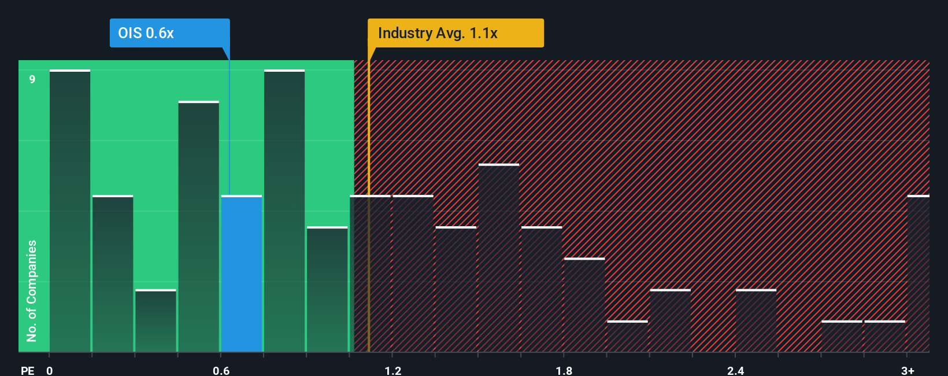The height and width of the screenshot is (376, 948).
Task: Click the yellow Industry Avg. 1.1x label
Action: pyautogui.click(x=455, y=33)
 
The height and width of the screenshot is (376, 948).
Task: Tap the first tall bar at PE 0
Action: pyautogui.click(x=70, y=211)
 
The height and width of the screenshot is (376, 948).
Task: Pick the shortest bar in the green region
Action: pyautogui.click(x=155, y=320)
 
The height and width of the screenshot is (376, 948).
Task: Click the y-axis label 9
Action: pyautogui.click(x=32, y=79)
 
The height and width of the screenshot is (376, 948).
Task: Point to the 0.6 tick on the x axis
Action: pyautogui.click(x=221, y=370)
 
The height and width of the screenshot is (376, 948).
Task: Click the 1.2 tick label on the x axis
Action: pyautogui.click(x=392, y=370)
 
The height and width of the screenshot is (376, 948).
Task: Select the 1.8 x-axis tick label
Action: pyautogui.click(x=564, y=370)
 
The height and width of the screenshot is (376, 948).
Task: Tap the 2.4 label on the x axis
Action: pyautogui.click(x=735, y=370)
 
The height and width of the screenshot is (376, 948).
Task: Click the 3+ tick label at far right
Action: pyautogui.click(x=908, y=370)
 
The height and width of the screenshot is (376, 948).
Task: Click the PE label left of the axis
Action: pyautogui.click(x=27, y=370)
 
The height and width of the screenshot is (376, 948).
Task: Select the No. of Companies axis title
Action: pyautogui.click(x=32, y=290)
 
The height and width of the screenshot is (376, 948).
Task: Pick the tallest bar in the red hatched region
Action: pyautogui.click(x=499, y=258)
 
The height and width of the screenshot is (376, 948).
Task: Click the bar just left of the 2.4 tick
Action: pyautogui.click(x=756, y=320)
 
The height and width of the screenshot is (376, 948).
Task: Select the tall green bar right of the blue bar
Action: pyautogui.click(x=284, y=211)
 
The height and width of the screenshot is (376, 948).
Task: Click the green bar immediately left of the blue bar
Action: pyautogui.click(x=198, y=227)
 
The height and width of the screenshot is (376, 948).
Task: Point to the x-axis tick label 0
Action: pyautogui.click(x=50, y=370)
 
